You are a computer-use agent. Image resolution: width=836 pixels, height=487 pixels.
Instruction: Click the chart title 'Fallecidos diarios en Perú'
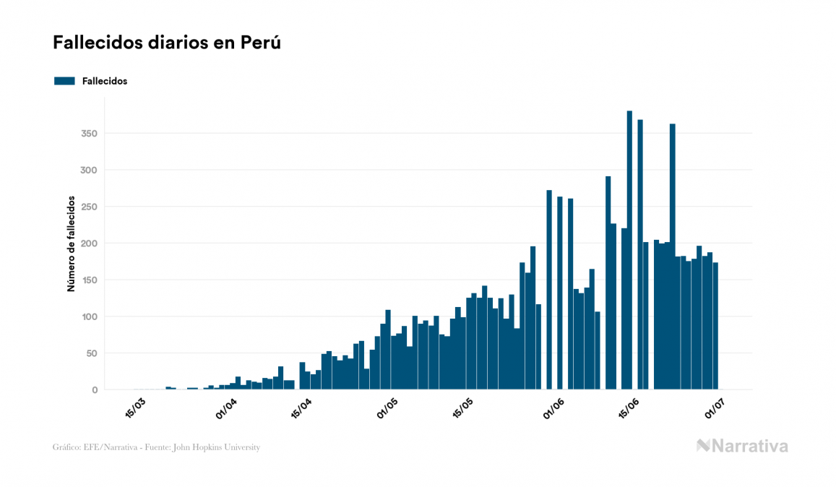click(166, 43)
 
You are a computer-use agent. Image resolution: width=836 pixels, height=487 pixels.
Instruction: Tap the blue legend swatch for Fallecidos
click(64, 81)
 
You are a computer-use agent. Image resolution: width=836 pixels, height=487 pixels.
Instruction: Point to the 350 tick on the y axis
click(90, 134)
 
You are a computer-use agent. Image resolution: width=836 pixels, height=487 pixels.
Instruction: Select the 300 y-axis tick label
click(90, 171)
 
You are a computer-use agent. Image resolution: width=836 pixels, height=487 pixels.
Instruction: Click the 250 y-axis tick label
click(90, 207)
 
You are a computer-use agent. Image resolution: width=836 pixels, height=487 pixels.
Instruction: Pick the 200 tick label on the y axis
click(90, 243)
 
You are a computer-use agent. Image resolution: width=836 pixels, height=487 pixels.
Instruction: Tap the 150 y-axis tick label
click(90, 280)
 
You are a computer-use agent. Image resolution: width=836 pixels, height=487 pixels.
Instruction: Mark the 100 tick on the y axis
click(90, 316)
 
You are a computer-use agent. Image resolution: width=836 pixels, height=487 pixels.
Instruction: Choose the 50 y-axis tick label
click(92, 353)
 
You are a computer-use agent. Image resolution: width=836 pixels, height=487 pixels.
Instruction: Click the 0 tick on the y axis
click(95, 390)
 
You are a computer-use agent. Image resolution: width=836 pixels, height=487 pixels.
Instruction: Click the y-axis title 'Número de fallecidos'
click(71, 243)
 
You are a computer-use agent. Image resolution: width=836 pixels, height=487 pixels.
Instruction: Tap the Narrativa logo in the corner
click(742, 446)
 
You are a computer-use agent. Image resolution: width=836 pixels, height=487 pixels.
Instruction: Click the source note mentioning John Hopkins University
click(156, 447)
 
